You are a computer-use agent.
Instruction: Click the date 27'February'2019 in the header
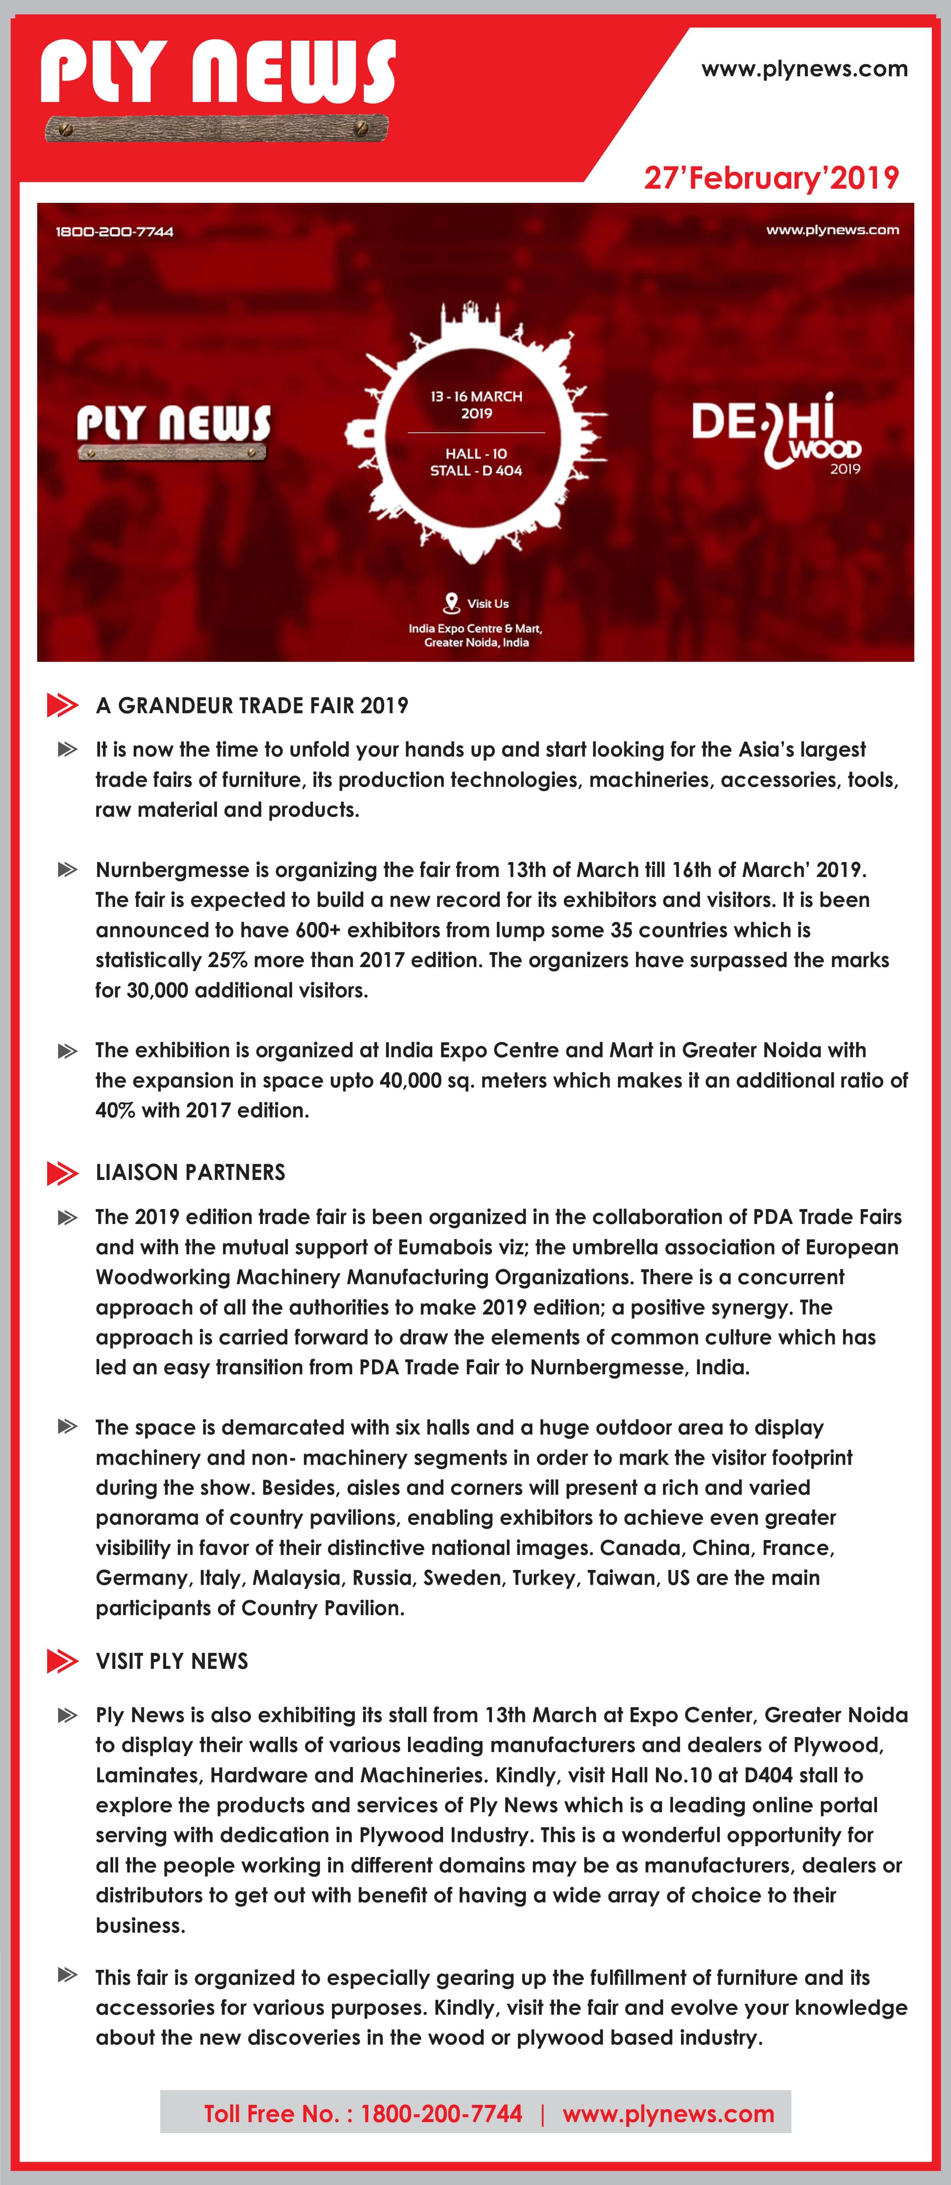click(x=770, y=178)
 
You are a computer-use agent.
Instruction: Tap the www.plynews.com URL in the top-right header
click(x=804, y=69)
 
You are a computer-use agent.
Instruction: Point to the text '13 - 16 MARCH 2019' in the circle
click(x=476, y=405)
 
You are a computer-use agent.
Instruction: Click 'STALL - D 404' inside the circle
click(x=476, y=471)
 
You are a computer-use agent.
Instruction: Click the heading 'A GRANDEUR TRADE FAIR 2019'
click(x=252, y=706)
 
